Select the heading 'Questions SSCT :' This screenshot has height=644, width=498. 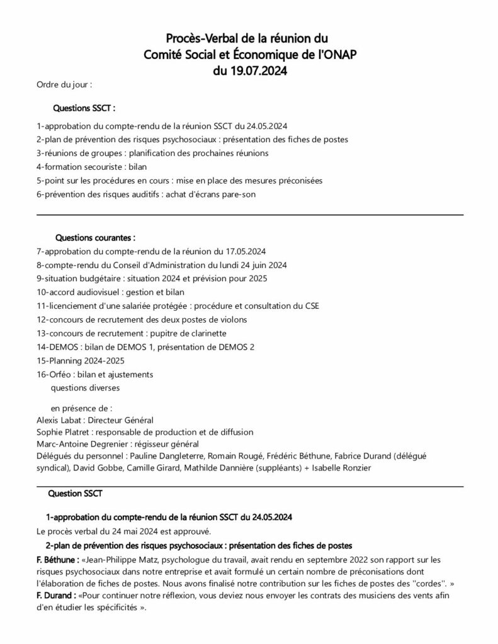coord(84,108)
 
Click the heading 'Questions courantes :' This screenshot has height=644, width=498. coord(96,238)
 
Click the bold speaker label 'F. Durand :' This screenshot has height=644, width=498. coord(55,594)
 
